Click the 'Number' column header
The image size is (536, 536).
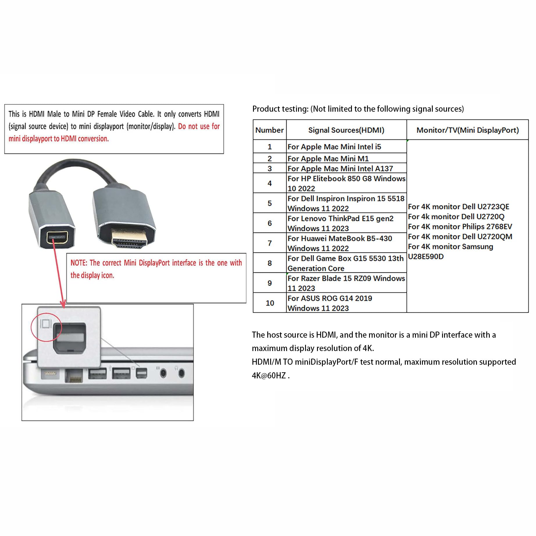(269, 130)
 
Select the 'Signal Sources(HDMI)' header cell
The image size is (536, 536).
(346, 130)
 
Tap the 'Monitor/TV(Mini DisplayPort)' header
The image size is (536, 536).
(468, 130)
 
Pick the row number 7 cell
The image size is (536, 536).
(270, 243)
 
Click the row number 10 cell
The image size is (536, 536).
(270, 303)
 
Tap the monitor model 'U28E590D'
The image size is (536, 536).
(426, 257)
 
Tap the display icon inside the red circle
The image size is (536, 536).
(46, 323)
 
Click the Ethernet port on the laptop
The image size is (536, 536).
(74, 375)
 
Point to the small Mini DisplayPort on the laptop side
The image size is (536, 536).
(142, 373)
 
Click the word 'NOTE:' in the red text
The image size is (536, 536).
(79, 263)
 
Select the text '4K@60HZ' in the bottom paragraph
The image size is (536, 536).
(269, 375)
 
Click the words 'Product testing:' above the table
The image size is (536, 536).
(280, 109)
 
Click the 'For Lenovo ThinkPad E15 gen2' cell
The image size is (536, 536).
(340, 223)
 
